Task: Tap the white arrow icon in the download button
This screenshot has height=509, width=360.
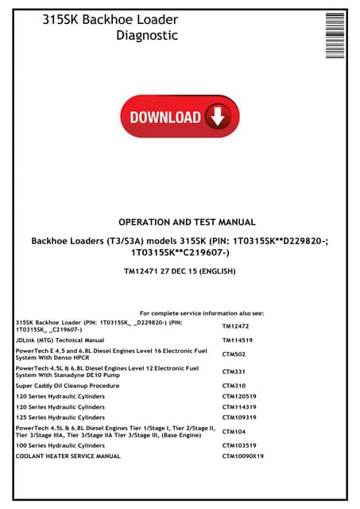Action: coord(215,118)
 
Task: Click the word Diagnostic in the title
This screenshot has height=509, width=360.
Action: coord(147,35)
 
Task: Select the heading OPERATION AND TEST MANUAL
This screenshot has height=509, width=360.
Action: coord(187,223)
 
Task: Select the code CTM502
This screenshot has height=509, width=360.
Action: coord(234,355)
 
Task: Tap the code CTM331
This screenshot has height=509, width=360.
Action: coord(234,371)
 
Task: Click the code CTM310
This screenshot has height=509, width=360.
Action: coord(234,386)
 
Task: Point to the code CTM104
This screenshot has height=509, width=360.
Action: coord(234,432)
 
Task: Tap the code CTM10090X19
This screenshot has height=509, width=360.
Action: coord(243,457)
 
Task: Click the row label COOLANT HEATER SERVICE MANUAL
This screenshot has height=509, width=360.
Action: coord(68,457)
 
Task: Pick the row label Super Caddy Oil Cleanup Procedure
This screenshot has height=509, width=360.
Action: coord(63,386)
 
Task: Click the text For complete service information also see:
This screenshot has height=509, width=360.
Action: coord(207,313)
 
